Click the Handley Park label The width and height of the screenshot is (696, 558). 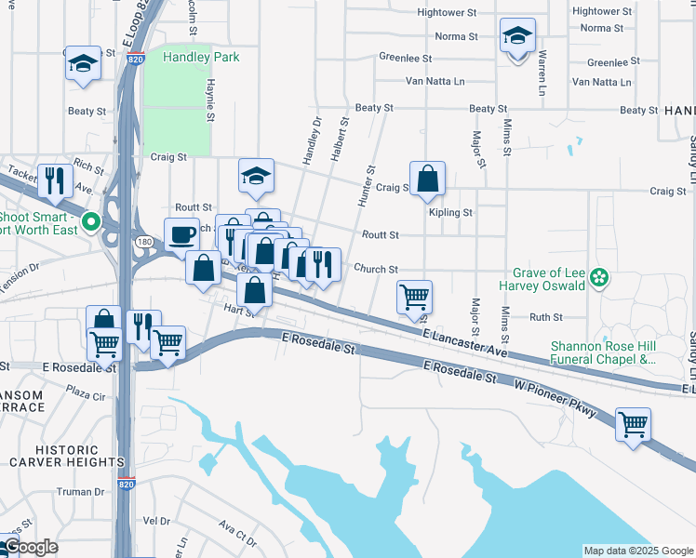coord(201,58)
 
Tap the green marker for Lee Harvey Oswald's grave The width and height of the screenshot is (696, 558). coord(600,277)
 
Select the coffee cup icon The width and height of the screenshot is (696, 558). coord(181,234)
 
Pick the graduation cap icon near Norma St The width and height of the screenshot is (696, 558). coord(517,35)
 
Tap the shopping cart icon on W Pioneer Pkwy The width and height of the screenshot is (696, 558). coord(633,424)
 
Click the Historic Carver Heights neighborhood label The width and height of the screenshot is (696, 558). coord(66,456)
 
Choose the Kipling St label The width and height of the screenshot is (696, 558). coord(450,213)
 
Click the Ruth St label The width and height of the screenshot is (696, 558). coord(540,317)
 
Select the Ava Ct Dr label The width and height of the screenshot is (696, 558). coord(237,537)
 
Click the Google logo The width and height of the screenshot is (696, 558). coord(30,548)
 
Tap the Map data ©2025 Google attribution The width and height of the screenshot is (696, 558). coord(637,551)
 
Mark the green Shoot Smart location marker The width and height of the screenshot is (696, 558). coord(90,222)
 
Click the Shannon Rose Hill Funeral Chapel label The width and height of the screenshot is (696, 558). coord(603,351)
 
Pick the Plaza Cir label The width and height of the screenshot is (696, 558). coord(86,395)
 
